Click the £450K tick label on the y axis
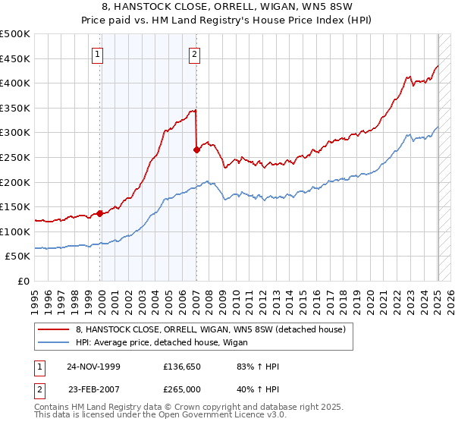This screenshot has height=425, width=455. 16,58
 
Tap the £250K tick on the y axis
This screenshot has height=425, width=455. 16,157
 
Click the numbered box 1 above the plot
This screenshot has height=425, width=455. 99,54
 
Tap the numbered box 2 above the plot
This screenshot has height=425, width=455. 195,54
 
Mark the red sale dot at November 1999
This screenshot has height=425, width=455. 100,213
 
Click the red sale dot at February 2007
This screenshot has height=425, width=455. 196,150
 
